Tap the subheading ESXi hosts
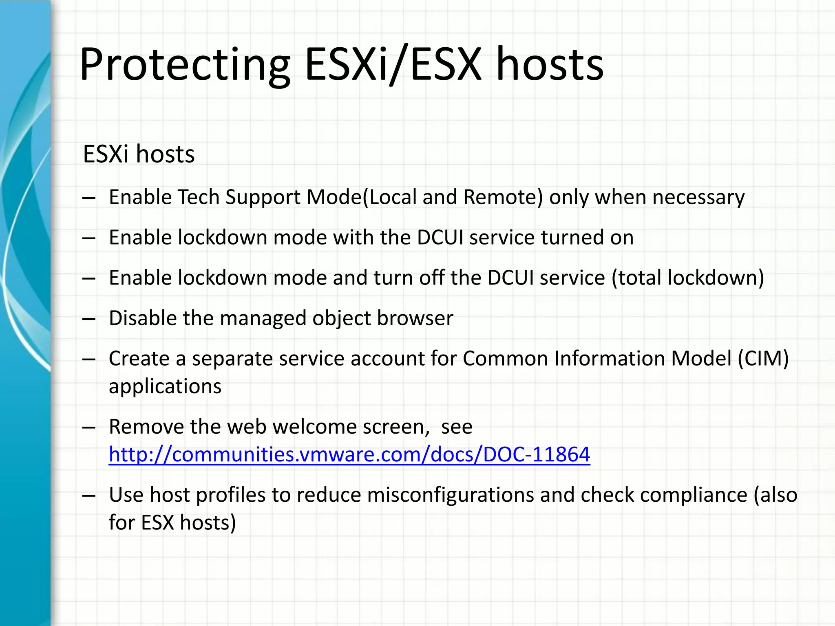click(x=139, y=154)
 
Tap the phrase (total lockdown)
click(x=687, y=278)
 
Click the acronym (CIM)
click(x=763, y=359)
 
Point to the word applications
click(x=165, y=386)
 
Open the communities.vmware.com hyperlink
click(x=349, y=454)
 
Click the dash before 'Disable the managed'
click(x=88, y=319)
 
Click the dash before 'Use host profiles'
click(x=88, y=496)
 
